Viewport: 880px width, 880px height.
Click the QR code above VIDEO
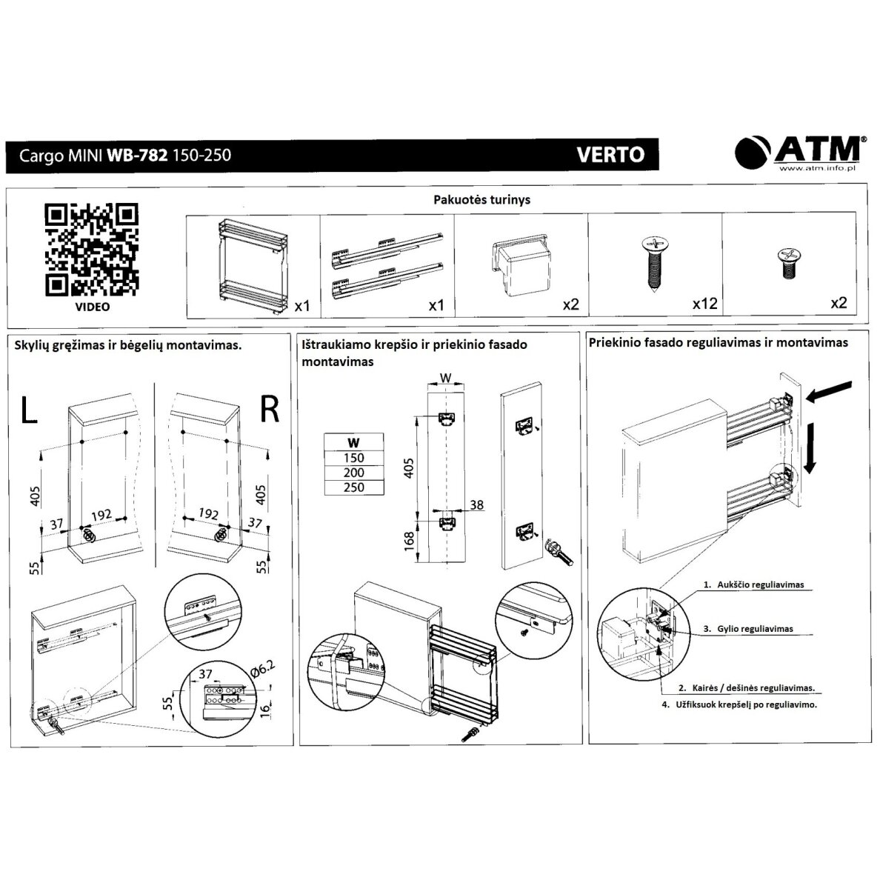pos(91,249)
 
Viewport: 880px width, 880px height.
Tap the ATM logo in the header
pos(798,152)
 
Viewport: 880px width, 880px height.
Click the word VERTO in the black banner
pos(610,154)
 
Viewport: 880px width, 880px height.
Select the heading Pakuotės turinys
pos(481,199)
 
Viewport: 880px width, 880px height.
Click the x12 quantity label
pos(704,304)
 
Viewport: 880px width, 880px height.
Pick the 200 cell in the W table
pos(353,473)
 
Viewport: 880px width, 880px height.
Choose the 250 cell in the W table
pos(353,487)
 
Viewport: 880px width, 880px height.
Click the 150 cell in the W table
pos(353,458)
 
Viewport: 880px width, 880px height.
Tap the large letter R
pos(270,409)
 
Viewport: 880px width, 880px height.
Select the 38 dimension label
pos(476,504)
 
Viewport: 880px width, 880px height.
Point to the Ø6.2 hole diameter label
pos(263,669)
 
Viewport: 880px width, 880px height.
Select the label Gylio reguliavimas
pos(755,629)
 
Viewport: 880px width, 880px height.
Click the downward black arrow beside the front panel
pos(810,448)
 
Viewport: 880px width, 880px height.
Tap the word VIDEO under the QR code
pos(93,307)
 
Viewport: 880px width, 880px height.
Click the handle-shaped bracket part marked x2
pos(521,264)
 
